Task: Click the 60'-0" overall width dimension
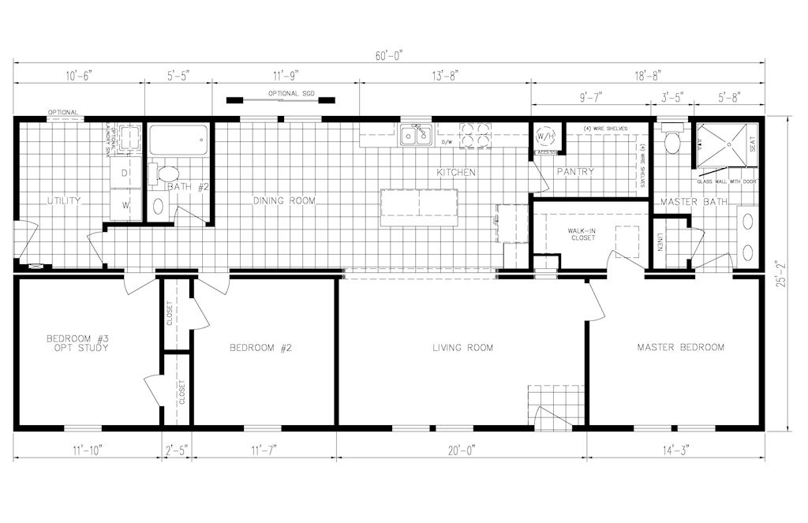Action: click(x=389, y=55)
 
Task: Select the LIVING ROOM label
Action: click(x=462, y=348)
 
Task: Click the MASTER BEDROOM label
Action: click(x=680, y=347)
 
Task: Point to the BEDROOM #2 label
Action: click(x=261, y=348)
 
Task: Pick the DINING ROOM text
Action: click(x=284, y=201)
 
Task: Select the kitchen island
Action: click(x=419, y=207)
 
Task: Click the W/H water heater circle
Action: click(x=545, y=136)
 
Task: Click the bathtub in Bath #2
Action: click(x=178, y=140)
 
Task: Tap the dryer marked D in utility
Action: click(x=125, y=172)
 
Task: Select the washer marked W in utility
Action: click(x=125, y=205)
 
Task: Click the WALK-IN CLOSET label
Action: click(x=582, y=233)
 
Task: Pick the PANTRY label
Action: click(x=575, y=172)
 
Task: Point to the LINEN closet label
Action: click(x=660, y=246)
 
